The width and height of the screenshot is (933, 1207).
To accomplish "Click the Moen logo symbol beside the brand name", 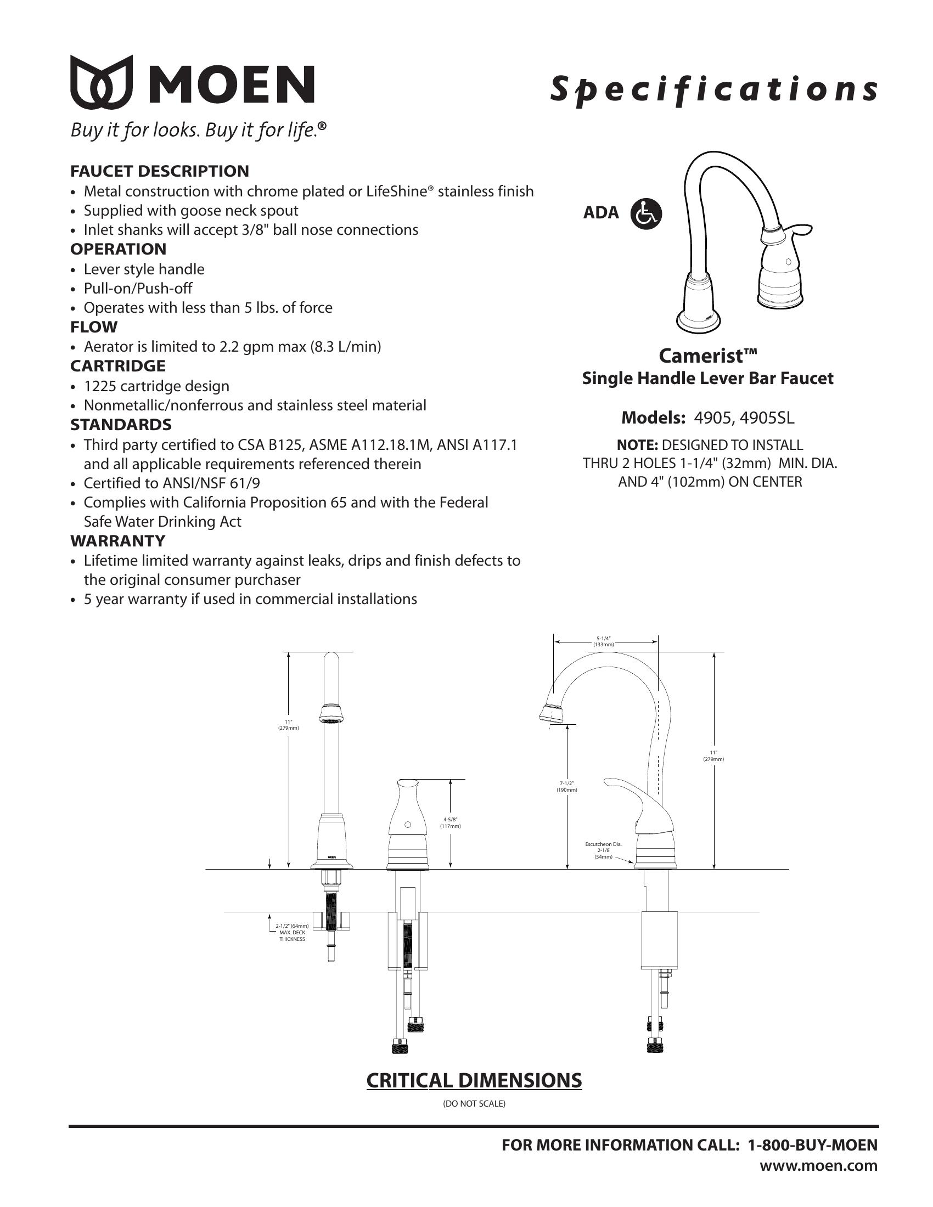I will point(102,82).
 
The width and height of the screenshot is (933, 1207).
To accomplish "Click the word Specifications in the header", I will point(713,89).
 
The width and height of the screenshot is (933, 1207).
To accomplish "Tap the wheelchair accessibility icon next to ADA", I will point(646,213).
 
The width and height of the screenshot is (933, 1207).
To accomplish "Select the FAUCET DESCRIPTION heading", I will point(159,171).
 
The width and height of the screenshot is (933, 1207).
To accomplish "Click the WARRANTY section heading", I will point(118,540).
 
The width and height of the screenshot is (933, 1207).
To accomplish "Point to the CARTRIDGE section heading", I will point(118,366).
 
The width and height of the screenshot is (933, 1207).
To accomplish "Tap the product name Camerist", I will point(707,356).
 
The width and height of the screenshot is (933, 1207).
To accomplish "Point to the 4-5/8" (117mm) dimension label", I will point(450,823).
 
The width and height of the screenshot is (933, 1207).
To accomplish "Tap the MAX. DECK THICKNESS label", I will point(292,935).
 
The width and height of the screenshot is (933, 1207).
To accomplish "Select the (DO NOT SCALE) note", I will point(474,1104).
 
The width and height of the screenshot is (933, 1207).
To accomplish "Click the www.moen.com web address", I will point(818,1165).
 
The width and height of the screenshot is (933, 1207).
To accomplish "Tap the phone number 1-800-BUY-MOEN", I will point(812,1145).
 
